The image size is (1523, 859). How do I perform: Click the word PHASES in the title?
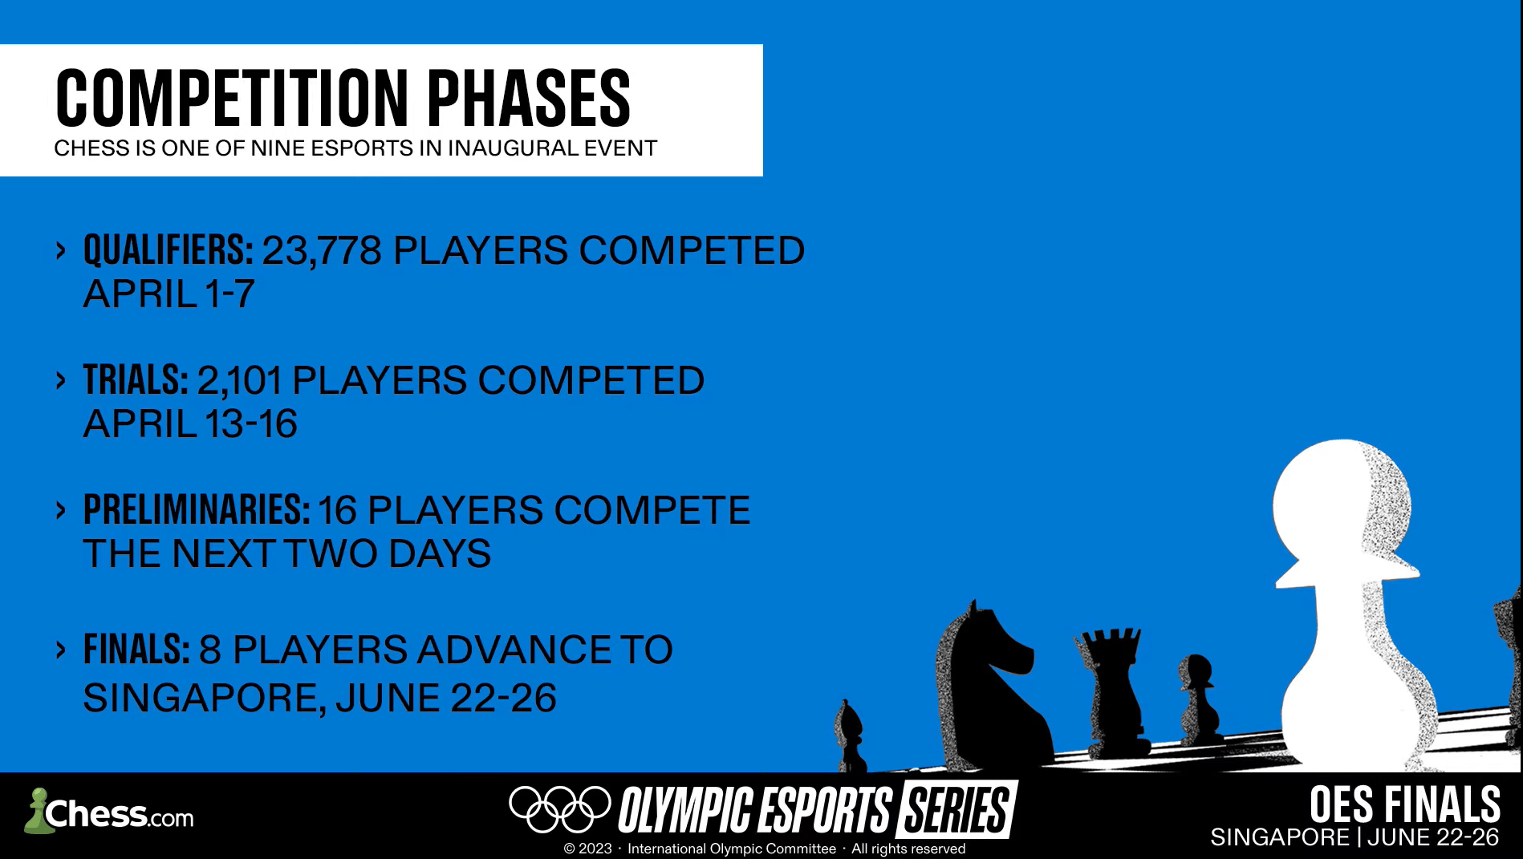click(x=528, y=98)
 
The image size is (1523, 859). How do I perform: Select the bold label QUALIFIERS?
click(x=169, y=250)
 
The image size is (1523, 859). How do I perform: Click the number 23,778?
click(x=322, y=251)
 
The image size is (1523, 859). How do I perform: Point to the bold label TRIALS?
click(x=136, y=380)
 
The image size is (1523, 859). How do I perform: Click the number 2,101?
click(x=240, y=381)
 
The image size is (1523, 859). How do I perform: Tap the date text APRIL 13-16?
click(x=190, y=423)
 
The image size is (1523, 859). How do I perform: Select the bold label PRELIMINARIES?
click(x=197, y=510)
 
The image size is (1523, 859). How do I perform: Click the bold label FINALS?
click(x=136, y=650)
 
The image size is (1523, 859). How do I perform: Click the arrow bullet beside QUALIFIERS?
click(x=61, y=251)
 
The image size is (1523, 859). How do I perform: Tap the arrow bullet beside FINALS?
click(x=61, y=650)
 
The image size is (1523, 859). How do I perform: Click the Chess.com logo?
click(x=109, y=812)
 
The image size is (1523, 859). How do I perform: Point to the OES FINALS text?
click(x=1405, y=804)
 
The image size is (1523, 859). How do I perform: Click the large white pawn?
click(x=1348, y=602)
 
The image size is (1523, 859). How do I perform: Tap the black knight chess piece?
click(x=991, y=686)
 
